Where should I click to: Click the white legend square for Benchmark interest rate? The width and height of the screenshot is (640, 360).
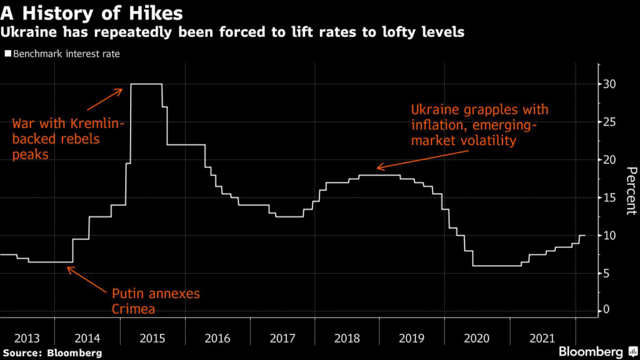[x=8, y=54]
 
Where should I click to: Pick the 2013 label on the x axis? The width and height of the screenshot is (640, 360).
[x=27, y=338]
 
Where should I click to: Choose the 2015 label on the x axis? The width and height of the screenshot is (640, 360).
[x=152, y=338]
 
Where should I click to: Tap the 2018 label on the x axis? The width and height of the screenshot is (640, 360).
[x=347, y=338]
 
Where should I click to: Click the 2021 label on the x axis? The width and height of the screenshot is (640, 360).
[x=542, y=338]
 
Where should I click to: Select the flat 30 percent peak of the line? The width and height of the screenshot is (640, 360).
[x=146, y=84]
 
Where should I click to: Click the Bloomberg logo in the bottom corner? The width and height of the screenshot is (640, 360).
[x=597, y=351]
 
